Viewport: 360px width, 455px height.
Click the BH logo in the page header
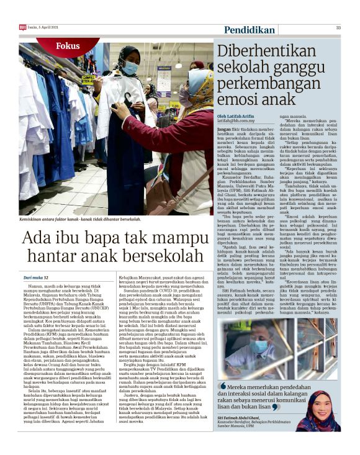[23, 27]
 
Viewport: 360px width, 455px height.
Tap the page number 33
[338, 27]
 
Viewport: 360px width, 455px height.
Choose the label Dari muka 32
[35, 278]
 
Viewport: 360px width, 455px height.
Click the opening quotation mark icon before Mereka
[222, 385]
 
